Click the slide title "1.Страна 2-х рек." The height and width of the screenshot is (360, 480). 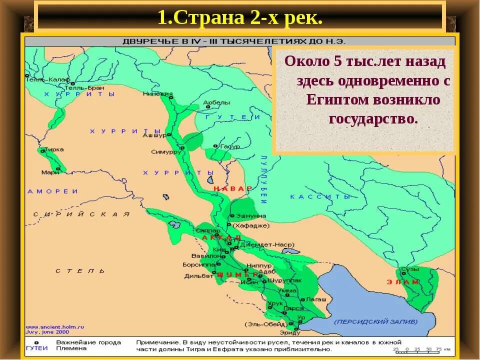click(x=239, y=18)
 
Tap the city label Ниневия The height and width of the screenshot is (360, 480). click(x=157, y=93)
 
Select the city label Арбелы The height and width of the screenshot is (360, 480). click(x=216, y=102)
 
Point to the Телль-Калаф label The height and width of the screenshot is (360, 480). click(x=43, y=79)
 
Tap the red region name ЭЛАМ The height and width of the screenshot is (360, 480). click(x=403, y=282)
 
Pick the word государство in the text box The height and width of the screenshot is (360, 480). click(x=372, y=119)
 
